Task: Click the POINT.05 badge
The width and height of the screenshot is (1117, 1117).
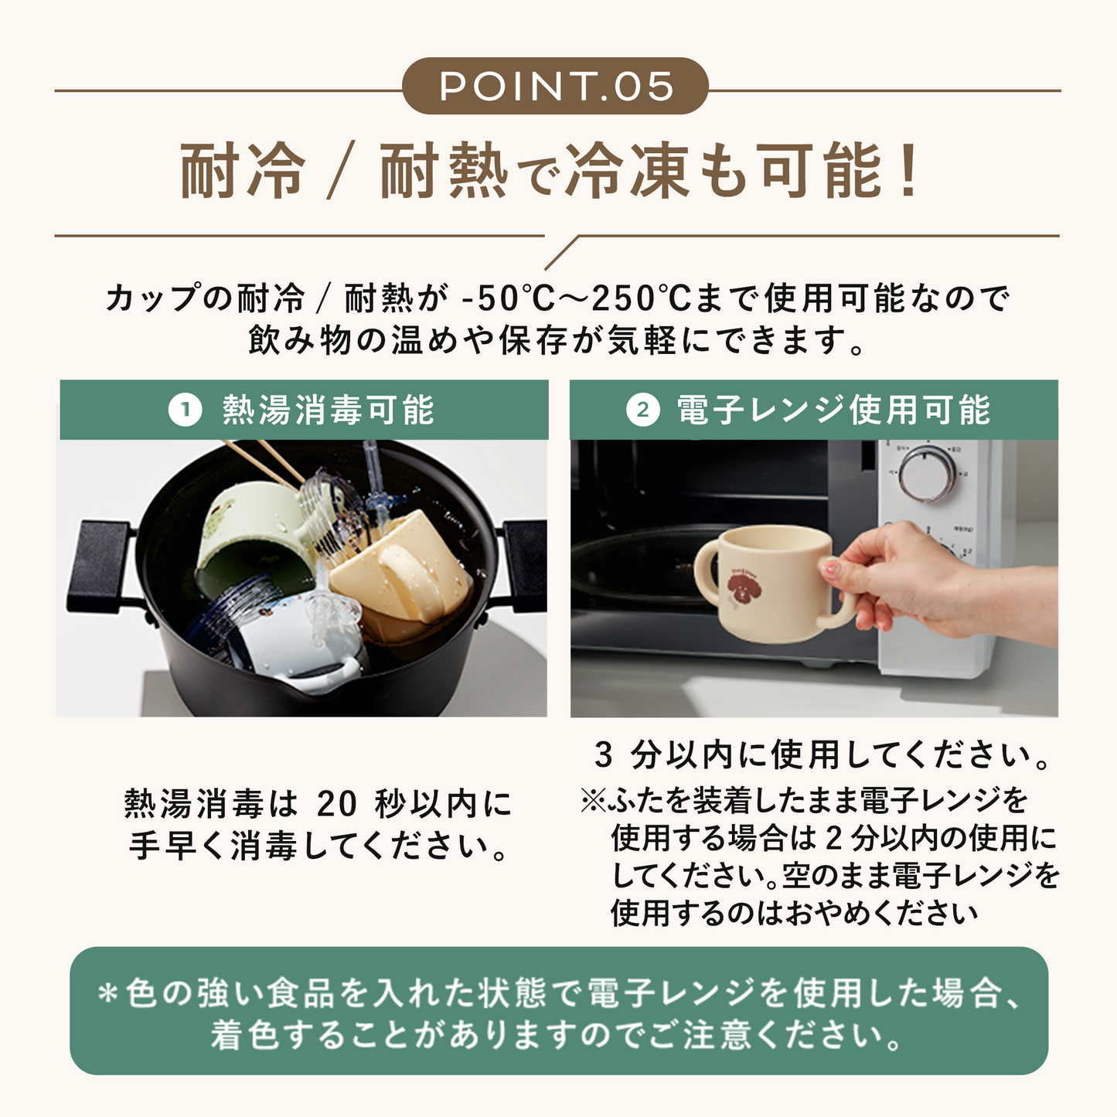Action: (x=555, y=86)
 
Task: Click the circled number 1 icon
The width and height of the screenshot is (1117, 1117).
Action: (x=185, y=410)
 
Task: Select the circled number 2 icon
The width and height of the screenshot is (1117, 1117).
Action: (x=643, y=410)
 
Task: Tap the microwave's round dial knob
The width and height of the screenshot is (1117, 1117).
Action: (x=928, y=473)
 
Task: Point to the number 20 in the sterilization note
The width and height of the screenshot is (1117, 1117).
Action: (x=337, y=804)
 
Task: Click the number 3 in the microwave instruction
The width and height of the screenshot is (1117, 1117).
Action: (x=604, y=755)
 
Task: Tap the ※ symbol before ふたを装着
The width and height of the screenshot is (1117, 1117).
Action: (x=594, y=801)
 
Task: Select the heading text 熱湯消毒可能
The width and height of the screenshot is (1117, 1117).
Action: (x=328, y=410)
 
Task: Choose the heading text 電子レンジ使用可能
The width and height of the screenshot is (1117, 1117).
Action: (x=833, y=410)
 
